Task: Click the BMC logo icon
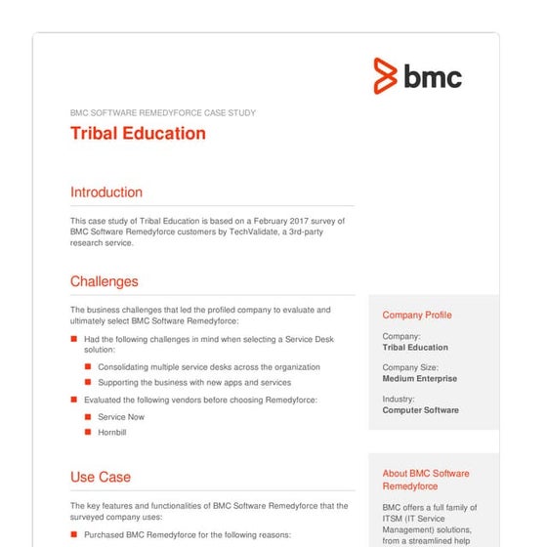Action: [x=387, y=76]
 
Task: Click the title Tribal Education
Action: [x=138, y=134]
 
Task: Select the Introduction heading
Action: [x=106, y=192]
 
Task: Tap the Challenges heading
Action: [x=105, y=282]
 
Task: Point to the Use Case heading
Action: [x=101, y=478]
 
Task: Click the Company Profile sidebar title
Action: [x=417, y=316]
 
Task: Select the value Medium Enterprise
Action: [x=419, y=379]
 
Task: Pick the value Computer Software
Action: [x=420, y=410]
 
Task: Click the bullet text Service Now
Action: [x=121, y=417]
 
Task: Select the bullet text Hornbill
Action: [x=112, y=432]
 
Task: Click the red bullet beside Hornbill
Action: [x=88, y=432]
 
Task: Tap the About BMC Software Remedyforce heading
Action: [x=425, y=480]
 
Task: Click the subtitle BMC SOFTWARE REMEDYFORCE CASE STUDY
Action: [x=163, y=113]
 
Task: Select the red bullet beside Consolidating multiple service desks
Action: [x=88, y=367]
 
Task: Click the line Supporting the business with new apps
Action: [x=193, y=383]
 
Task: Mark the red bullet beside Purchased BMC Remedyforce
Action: [x=74, y=535]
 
